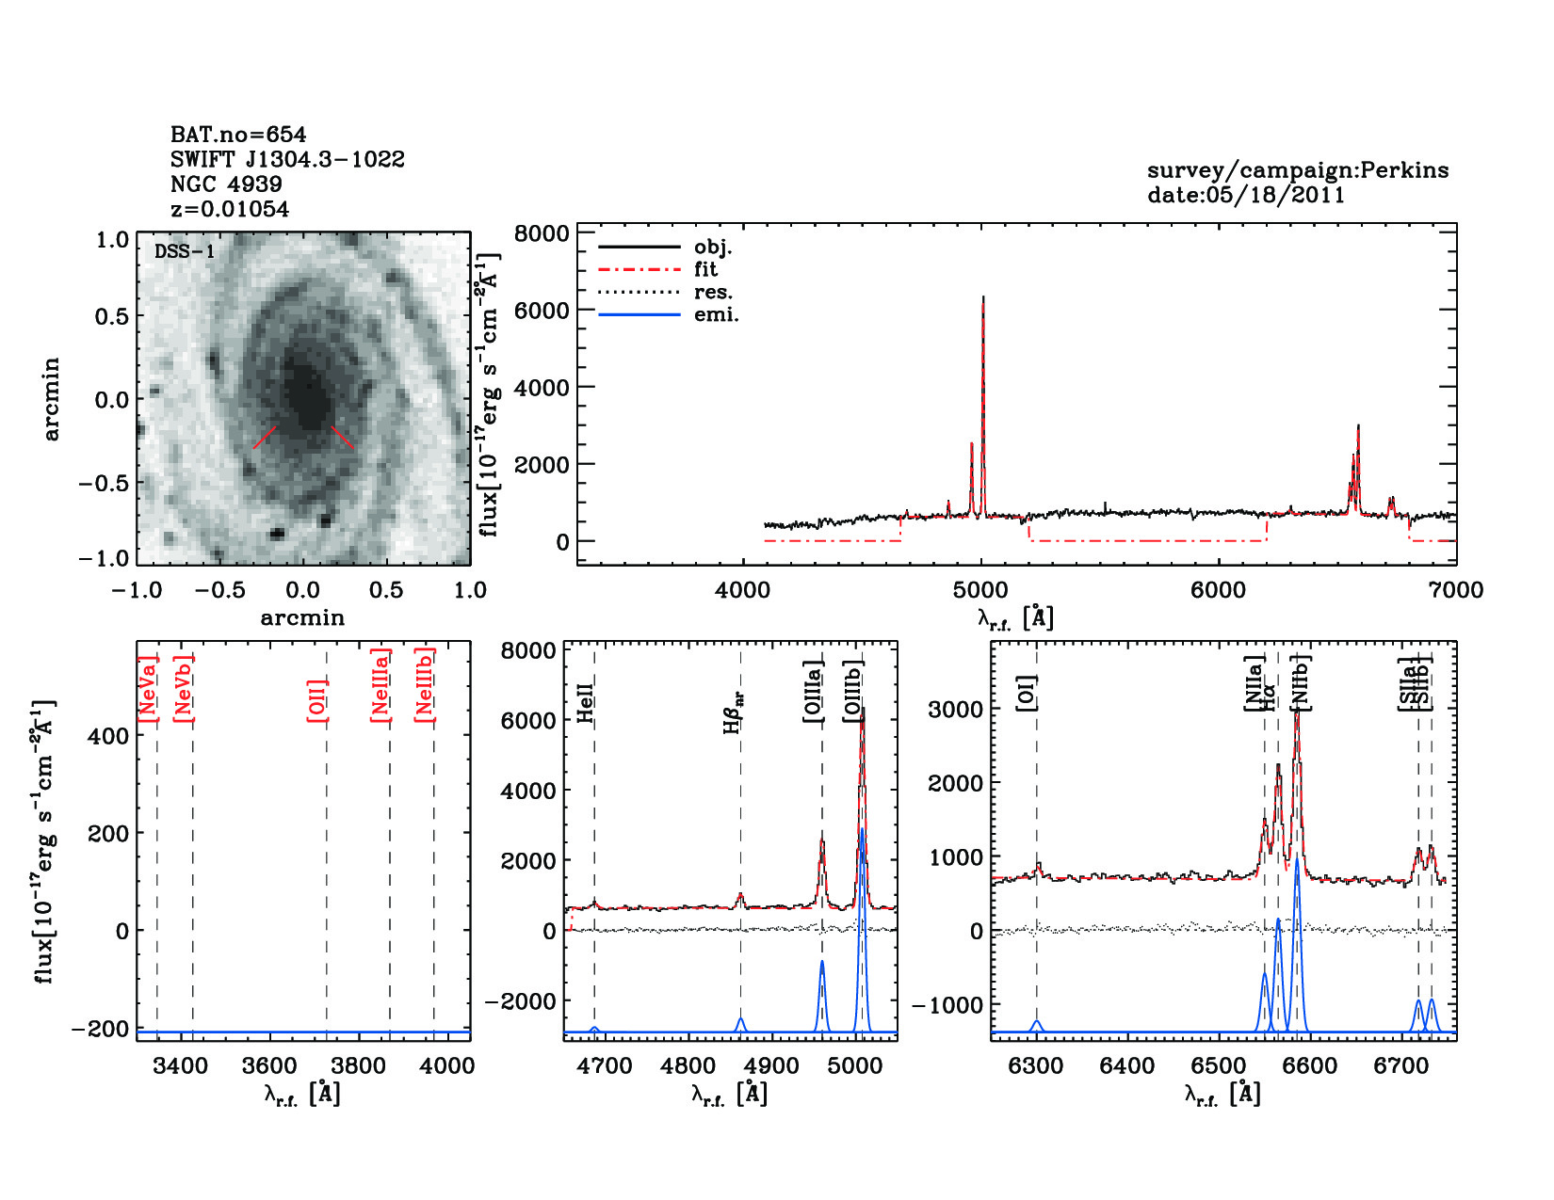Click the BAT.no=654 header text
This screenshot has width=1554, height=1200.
coord(238,135)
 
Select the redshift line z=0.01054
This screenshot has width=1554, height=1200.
coord(230,209)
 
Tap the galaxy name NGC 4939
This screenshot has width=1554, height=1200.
coord(226,184)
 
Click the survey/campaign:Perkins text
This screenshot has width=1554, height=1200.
coord(1297,170)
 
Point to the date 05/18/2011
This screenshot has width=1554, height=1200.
coord(1246,195)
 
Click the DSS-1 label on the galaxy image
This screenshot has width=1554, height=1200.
coord(185,251)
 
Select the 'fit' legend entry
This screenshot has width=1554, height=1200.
coord(705,269)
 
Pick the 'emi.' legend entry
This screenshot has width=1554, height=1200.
coord(716,314)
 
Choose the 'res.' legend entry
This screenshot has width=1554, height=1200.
coord(713,292)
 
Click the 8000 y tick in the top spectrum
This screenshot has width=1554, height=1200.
coord(542,232)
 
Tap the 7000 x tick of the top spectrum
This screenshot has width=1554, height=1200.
coord(1456,590)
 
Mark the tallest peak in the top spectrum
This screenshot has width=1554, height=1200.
coord(983,298)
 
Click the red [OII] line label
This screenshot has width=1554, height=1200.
coord(317,699)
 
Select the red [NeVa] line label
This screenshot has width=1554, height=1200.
coord(148,689)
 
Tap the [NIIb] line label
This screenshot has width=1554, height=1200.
coord(1301,681)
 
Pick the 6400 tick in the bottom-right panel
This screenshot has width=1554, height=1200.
coord(1127,1065)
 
